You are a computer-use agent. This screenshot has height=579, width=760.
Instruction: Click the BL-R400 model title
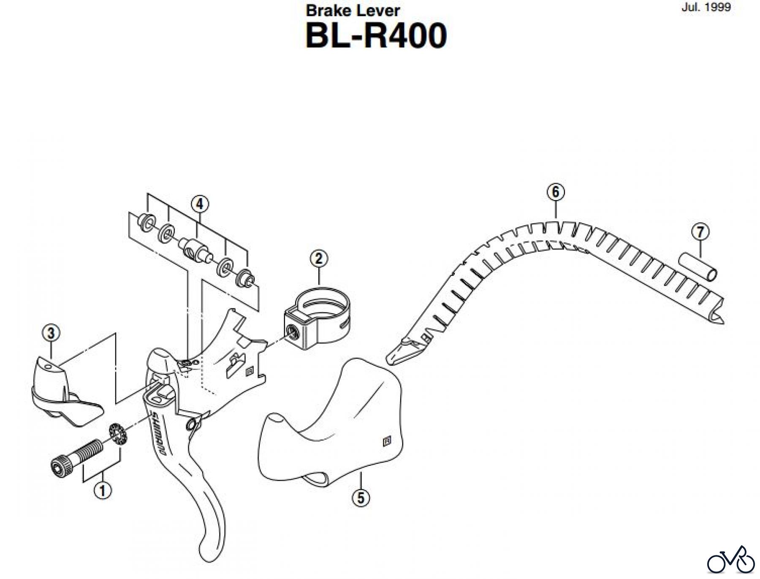pos(376,36)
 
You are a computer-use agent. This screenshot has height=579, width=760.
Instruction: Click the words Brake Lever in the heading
pos(353,11)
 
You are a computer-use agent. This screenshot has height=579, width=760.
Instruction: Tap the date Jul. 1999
pos(706,8)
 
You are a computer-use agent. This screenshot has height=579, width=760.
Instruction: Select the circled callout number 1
pos(103,491)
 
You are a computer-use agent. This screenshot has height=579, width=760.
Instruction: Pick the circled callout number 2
pos(318,258)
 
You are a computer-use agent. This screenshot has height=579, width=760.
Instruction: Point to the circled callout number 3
pos(51,333)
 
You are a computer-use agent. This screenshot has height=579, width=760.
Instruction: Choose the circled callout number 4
pos(200,204)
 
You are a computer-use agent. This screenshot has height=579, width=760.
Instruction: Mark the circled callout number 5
pos(360,497)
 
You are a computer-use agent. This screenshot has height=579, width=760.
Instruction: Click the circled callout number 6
pos(555,192)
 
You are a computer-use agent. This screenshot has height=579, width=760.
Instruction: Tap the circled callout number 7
pos(700,232)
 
